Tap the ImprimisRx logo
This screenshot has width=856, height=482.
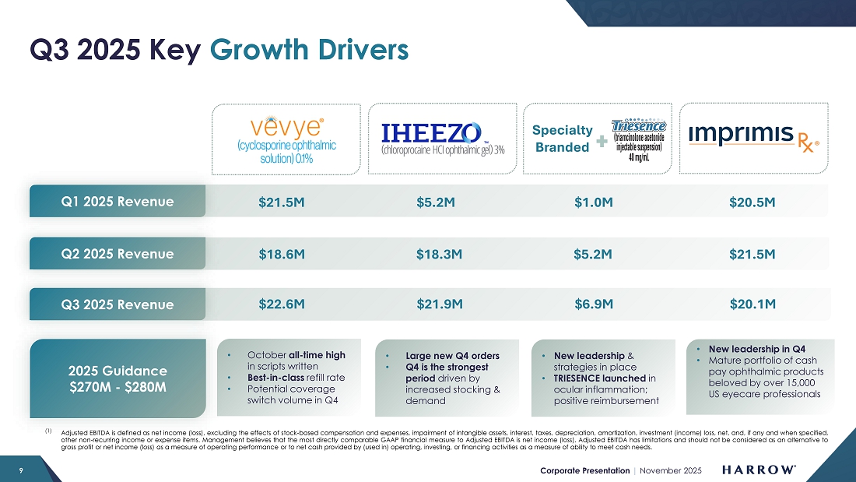point(753,137)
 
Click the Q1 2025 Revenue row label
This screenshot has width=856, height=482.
point(118,202)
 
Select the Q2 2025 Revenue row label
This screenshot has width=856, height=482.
point(118,254)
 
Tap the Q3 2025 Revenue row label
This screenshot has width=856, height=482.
point(118,304)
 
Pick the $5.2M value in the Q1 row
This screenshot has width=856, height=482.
point(435,202)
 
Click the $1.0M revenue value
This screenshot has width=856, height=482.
point(594,202)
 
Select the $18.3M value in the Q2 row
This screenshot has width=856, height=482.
point(440,254)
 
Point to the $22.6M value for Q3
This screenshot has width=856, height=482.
point(281,304)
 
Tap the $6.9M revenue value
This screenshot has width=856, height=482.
point(594,304)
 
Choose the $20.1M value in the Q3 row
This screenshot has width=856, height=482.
point(753,304)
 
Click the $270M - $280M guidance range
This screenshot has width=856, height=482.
point(118,386)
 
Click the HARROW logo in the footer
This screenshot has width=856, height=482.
point(759,470)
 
